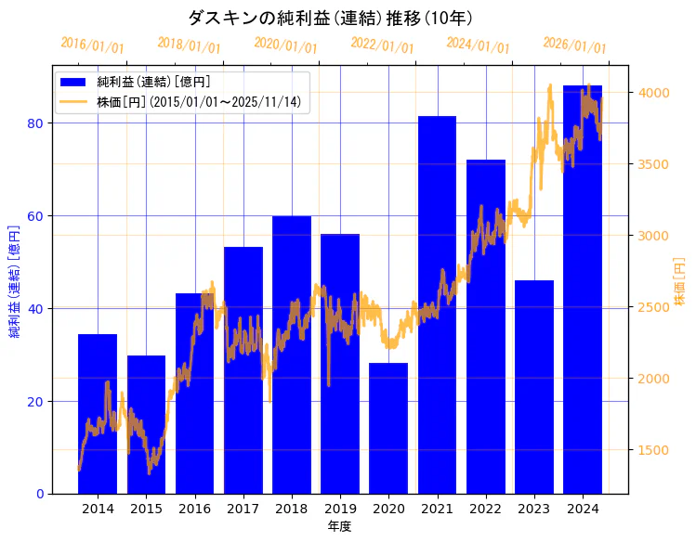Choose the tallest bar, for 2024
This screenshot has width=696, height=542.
click(x=583, y=289)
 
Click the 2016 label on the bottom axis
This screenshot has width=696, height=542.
click(x=194, y=509)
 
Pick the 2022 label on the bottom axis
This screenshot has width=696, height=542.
click(x=486, y=509)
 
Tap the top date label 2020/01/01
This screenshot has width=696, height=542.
click(x=285, y=45)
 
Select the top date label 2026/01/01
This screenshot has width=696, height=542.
click(x=574, y=45)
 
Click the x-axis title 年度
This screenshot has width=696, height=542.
click(x=339, y=526)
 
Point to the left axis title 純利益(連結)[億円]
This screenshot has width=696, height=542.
click(x=14, y=280)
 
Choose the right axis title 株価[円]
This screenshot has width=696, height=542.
click(x=680, y=284)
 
